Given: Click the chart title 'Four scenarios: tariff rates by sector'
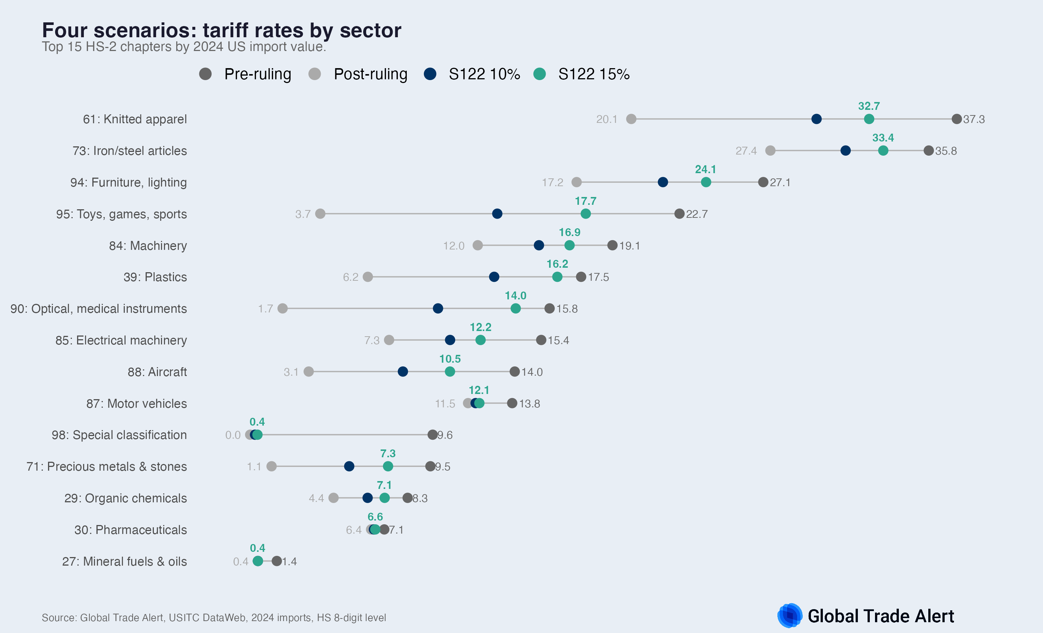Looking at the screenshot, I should tap(221, 31).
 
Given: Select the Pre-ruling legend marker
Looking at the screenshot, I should tap(205, 74).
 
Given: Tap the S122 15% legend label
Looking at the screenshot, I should tap(593, 74).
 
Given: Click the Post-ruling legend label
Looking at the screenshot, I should tap(370, 74).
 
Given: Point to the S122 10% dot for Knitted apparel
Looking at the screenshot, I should tap(817, 119).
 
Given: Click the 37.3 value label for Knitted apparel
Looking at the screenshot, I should tap(974, 119).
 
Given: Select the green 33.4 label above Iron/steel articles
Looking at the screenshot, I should tap(883, 138).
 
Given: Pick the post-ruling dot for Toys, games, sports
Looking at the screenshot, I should tap(320, 214).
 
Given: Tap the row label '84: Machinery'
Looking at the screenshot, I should tap(148, 246).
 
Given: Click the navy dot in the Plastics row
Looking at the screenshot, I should tap(494, 277).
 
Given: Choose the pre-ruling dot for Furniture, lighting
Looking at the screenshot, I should tap(763, 182).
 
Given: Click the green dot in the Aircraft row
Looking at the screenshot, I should tap(450, 372).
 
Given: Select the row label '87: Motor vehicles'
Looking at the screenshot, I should tap(136, 404).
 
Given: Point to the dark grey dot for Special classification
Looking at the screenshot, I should tap(432, 435).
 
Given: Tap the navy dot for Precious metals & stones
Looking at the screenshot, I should tap(349, 467).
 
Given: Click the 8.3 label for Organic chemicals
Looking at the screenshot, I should tap(420, 499).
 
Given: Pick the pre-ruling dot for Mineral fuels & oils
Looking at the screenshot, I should tap(277, 562).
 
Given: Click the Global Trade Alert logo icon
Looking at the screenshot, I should tap(789, 615).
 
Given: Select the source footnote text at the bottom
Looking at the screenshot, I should tap(214, 618).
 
